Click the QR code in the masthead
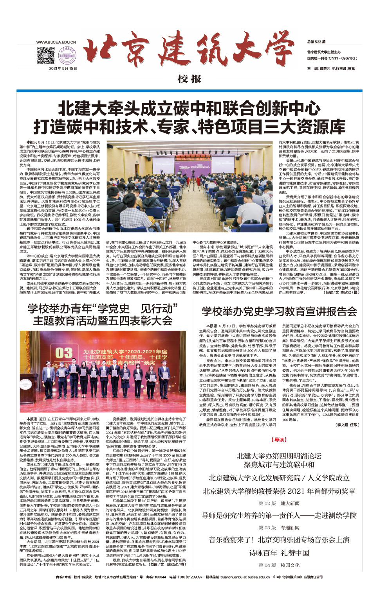coord(46,55)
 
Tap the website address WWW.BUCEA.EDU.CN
coord(56,42)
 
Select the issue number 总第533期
coord(316,42)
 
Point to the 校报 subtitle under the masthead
coord(189,79)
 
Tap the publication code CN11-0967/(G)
coord(332,58)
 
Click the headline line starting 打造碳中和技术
coord(189,127)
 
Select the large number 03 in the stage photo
coord(64,353)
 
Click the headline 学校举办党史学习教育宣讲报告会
coord(279,312)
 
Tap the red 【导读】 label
coord(279,440)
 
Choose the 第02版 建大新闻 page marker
coord(279,503)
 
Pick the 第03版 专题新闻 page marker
coord(279,528)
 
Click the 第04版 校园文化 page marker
coord(279,565)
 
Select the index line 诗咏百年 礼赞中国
coord(279,553)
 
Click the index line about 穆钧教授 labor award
coord(279,491)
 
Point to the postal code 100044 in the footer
coord(160,577)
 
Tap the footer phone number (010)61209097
coord(191,577)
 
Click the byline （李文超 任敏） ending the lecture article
coord(347,425)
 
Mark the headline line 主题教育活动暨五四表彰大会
coord(103,321)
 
